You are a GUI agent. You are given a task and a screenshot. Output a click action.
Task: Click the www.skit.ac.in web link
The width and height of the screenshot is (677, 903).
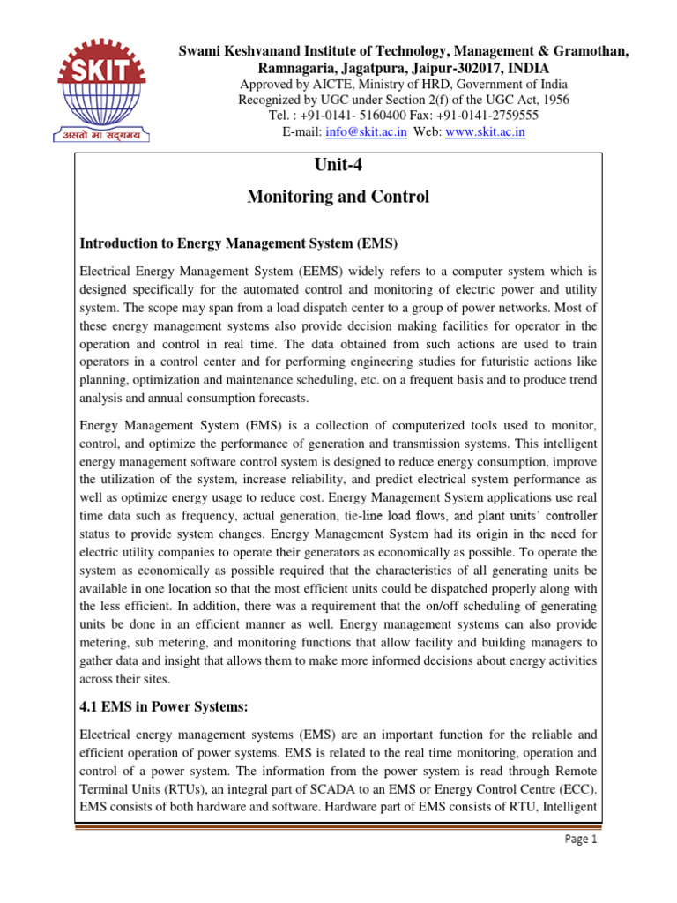pyautogui.click(x=484, y=131)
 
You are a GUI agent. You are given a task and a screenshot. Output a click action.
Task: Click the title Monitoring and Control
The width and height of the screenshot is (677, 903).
pyautogui.click(x=338, y=197)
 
